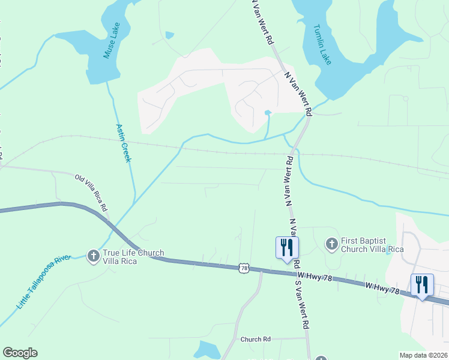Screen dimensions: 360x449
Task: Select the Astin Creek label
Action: pos(122,142)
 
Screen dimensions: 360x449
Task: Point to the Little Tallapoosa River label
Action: pos(44,283)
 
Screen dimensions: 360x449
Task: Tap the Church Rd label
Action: pos(256,339)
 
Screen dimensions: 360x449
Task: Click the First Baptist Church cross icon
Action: pos(331,244)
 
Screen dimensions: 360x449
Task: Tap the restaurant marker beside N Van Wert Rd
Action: pos(286,247)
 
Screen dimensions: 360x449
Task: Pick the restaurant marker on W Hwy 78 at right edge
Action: pos(422,284)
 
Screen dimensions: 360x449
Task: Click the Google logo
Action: pos(20,353)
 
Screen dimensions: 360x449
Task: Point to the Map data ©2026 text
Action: pos(423,355)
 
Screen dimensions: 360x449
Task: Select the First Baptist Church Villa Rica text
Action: pos(372,245)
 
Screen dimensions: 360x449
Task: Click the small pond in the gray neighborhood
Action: pos(268,112)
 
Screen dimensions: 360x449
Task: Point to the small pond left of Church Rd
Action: pos(209,349)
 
